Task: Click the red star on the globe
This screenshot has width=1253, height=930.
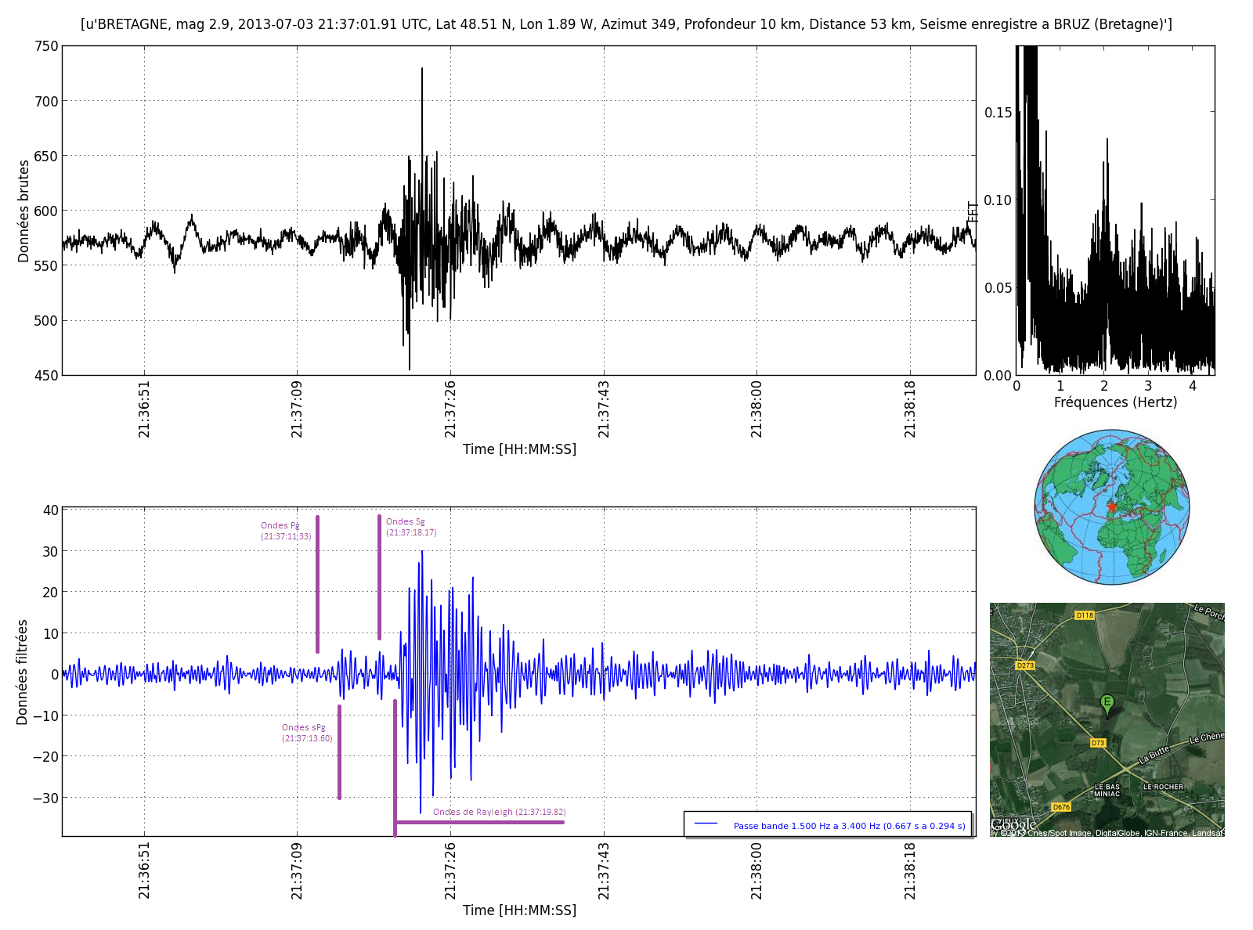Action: coord(1111,506)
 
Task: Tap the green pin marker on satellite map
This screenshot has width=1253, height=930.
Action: coord(1107,703)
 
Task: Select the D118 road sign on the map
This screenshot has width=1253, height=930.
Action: coord(1084,615)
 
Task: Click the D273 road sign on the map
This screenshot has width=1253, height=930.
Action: coord(1024,665)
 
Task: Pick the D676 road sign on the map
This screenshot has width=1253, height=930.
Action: coord(1060,807)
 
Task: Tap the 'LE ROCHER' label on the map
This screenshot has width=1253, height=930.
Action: coord(1163,787)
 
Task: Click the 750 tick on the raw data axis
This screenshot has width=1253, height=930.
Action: coord(47,46)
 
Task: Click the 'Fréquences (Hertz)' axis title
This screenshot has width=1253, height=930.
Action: coord(1115,402)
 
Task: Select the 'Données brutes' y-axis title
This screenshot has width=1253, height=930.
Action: coord(23,211)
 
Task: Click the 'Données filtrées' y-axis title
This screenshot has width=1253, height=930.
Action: coord(22,672)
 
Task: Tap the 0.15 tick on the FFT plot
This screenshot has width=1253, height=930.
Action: coord(998,113)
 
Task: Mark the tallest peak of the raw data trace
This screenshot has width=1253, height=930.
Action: coord(422,70)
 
